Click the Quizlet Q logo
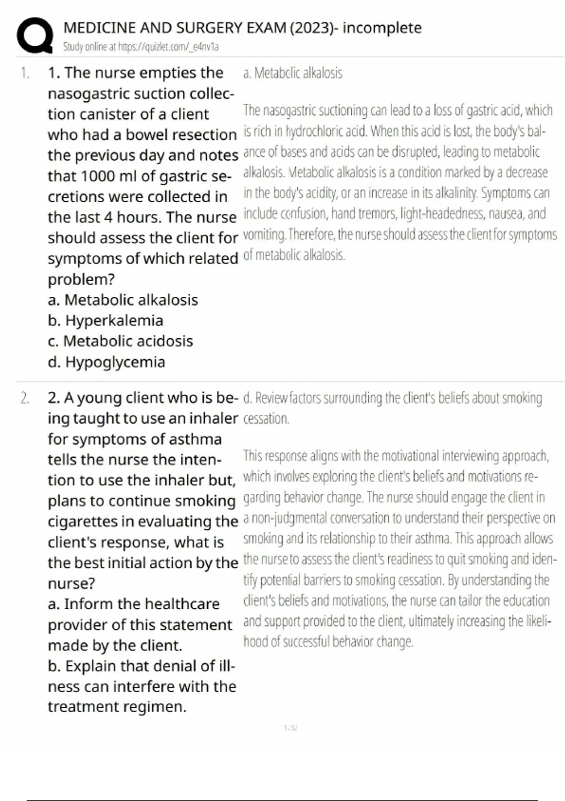[34, 35]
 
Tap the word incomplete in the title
[382, 28]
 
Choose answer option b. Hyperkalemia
[105, 320]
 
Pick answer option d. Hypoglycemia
[106, 362]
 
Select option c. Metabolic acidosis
[121, 341]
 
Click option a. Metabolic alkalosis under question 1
[123, 300]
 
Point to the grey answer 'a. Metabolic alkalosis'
[293, 73]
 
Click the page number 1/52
[291, 728]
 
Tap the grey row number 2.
[24, 398]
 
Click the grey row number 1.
[24, 73]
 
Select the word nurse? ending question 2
[71, 583]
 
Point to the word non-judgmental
[291, 518]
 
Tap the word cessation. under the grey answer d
[266, 418]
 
